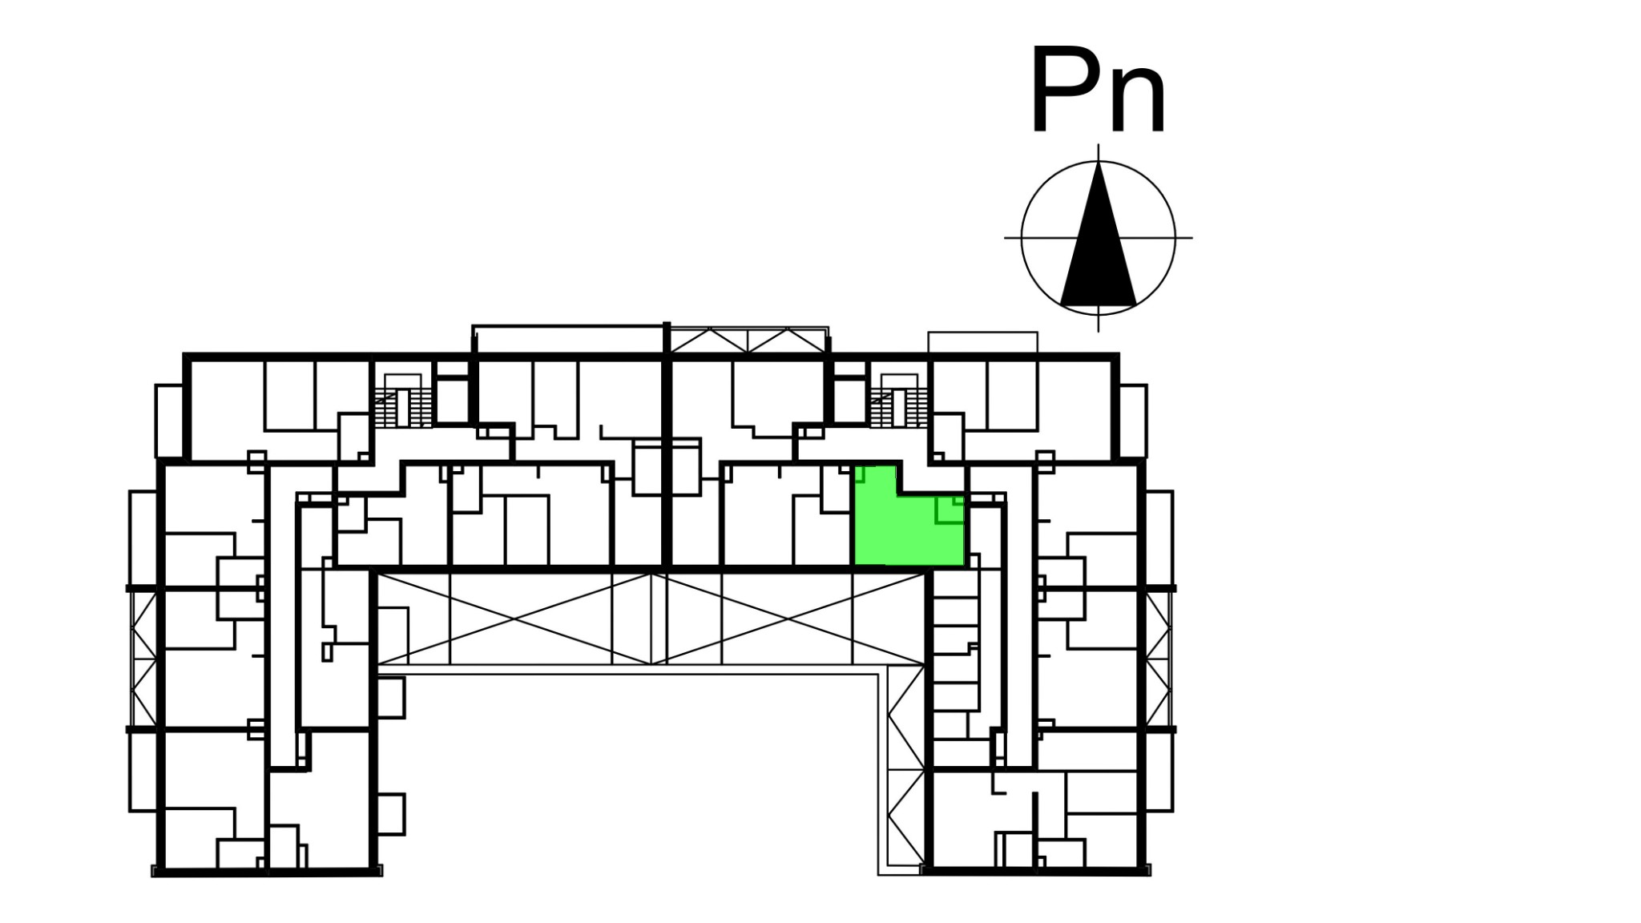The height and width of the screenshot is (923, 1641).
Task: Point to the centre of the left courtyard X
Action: pos(514,619)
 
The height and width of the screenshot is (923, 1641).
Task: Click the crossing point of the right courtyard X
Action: pos(788,619)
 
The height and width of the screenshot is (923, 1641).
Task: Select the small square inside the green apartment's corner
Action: pos(950,510)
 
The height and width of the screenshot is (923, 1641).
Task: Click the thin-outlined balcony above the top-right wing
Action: pos(983,342)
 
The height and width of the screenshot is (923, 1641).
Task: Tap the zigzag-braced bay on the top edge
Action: pos(748,340)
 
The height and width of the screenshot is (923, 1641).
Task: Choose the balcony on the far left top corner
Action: pos(169,421)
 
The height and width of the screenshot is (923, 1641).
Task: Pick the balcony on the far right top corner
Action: pos(1133,421)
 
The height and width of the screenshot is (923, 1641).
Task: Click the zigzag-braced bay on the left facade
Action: pos(144,659)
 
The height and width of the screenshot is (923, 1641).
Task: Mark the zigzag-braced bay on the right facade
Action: pos(1158,659)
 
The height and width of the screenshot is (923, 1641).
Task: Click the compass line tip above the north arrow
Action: pos(1099,144)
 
